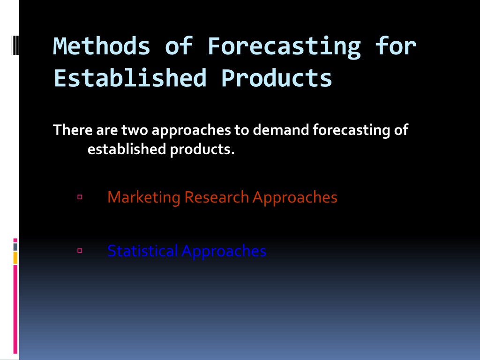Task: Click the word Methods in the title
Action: pyautogui.click(x=102, y=46)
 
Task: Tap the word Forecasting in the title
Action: pyautogui.click(x=285, y=47)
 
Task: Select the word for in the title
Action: pyautogui.click(x=396, y=46)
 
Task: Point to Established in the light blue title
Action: pyautogui.click(x=130, y=78)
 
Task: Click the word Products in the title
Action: pyautogui.click(x=277, y=78)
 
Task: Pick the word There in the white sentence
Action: pyautogui.click(x=73, y=130)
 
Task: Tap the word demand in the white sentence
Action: pyautogui.click(x=281, y=130)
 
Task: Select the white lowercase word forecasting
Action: pyautogui.click(x=351, y=131)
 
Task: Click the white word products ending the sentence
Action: pyautogui.click(x=202, y=150)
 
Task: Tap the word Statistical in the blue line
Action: pyautogui.click(x=142, y=251)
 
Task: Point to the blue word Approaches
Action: pyautogui.click(x=224, y=252)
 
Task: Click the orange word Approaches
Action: pyautogui.click(x=295, y=198)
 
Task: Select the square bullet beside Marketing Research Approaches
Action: pyautogui.click(x=80, y=197)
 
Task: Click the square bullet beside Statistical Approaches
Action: pyautogui.click(x=80, y=251)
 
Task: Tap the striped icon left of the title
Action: pyautogui.click(x=15, y=45)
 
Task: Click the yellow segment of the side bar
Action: pyautogui.click(x=15, y=258)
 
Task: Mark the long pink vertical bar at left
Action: pyautogui.click(x=15, y=309)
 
